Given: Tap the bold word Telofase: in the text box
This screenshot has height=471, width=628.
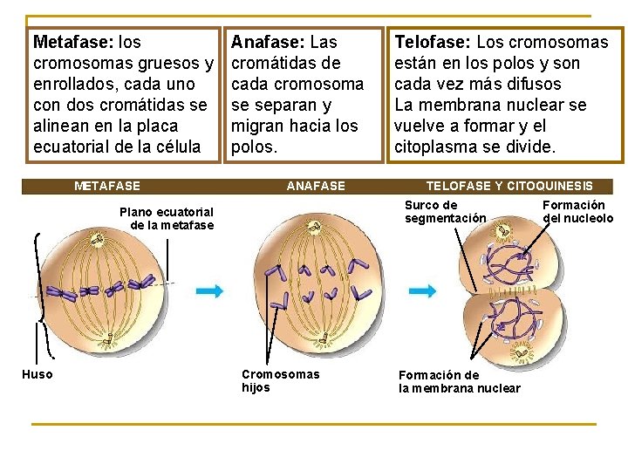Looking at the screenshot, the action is coord(433,42).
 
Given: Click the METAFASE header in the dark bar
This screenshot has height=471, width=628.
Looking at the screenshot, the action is coord(107,186).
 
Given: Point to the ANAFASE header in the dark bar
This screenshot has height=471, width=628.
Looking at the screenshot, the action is coord(316,186).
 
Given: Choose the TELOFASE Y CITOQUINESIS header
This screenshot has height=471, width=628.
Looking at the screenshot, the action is coord(509,186).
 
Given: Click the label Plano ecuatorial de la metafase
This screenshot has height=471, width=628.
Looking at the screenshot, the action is coord(167,218).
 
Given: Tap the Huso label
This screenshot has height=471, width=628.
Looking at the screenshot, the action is coord(37,374).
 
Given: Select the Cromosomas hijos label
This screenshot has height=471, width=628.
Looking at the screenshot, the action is coord(280,380).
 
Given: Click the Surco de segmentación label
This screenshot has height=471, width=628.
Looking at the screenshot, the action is coord(445,211).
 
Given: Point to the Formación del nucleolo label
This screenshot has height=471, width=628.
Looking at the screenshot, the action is coord(577,211).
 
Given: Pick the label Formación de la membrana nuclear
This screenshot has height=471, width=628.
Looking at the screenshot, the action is coord(459,381).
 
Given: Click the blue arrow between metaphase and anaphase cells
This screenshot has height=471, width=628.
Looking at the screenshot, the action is coord(209,291).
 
